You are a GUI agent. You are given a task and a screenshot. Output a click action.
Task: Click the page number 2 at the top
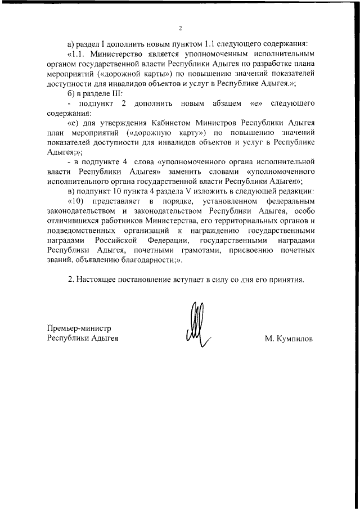coord(181,28)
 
